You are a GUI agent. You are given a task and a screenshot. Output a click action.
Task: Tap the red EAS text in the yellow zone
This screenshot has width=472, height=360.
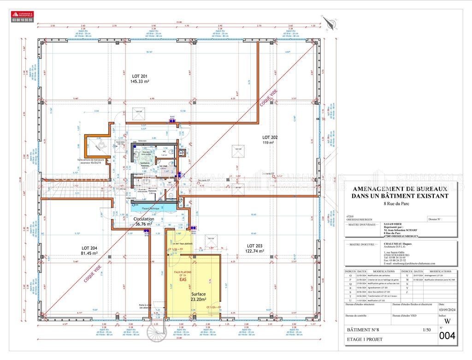click(183, 279)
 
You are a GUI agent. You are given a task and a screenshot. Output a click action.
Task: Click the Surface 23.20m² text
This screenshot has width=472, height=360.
click(199, 296)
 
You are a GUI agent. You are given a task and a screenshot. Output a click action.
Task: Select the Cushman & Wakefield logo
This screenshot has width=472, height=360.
click(22, 17)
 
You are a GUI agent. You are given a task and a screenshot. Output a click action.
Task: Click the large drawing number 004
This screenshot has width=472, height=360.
click(447, 336)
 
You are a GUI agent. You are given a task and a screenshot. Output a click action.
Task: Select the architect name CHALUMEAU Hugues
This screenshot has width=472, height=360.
click(397, 245)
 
